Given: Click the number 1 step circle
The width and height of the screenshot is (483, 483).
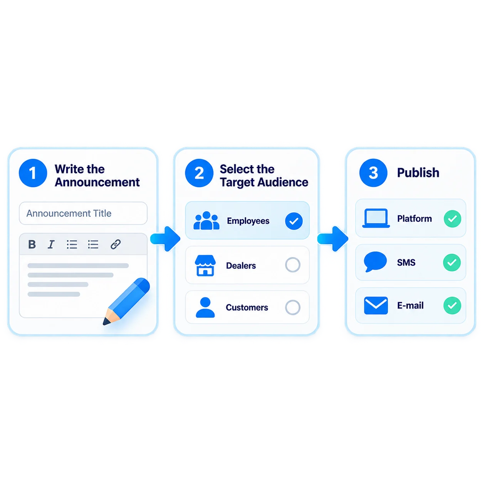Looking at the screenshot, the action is click(33, 173).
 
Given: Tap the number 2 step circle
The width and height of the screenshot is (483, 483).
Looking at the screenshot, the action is click(199, 173).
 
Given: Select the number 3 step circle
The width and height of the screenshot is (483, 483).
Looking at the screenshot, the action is click(373, 173).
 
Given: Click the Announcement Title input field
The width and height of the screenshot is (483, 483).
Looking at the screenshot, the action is click(83, 213).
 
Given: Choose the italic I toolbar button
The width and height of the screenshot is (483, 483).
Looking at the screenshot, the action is click(51, 244).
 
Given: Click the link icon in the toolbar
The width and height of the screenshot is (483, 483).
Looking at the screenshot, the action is click(116, 244).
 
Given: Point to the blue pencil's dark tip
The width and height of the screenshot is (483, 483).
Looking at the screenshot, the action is click(105, 322).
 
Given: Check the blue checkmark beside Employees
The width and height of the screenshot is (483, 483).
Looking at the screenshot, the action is click(294, 221).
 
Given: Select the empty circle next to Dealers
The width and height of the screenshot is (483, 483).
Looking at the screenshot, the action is click(293, 265).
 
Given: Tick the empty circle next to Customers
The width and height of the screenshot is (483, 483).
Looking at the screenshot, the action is click(293, 307).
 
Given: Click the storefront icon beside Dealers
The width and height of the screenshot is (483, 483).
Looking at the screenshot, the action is click(205, 266).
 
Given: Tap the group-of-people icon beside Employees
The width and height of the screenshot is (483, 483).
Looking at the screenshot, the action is click(206, 221).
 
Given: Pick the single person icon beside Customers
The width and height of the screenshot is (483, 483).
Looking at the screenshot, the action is click(205, 307).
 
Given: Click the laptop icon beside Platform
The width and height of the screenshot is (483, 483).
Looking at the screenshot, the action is click(376, 218).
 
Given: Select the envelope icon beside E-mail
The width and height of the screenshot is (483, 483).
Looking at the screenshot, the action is click(376, 305).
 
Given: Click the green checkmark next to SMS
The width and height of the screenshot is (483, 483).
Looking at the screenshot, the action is click(452, 262).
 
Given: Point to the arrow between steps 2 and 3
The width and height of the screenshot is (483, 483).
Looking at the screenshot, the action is click(333, 239).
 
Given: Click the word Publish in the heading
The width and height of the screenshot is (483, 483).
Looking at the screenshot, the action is click(418, 173).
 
